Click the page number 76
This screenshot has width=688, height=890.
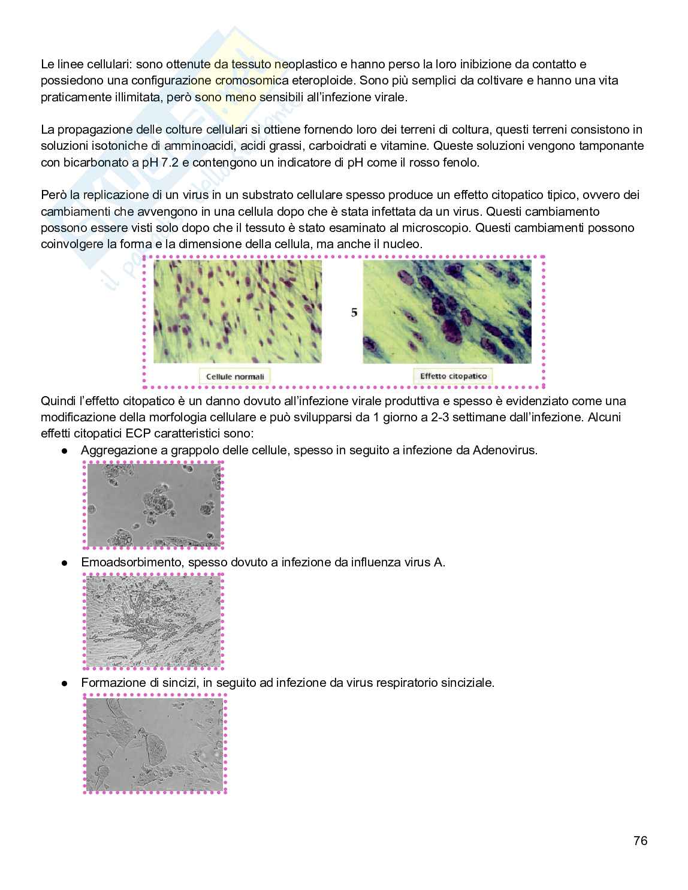tap(640, 841)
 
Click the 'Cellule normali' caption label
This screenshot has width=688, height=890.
tap(235, 376)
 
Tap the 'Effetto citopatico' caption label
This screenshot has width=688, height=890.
tap(453, 376)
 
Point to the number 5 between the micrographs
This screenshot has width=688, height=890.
tap(354, 312)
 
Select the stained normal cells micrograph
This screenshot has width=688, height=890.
tap(237, 312)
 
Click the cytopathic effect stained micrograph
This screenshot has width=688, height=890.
tap(447, 312)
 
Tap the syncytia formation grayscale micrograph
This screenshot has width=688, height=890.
tap(155, 744)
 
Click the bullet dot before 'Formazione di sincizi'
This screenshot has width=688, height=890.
tap(64, 683)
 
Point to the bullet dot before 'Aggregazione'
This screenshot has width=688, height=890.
tap(64, 450)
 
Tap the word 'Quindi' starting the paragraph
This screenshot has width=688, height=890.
tap(58, 401)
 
